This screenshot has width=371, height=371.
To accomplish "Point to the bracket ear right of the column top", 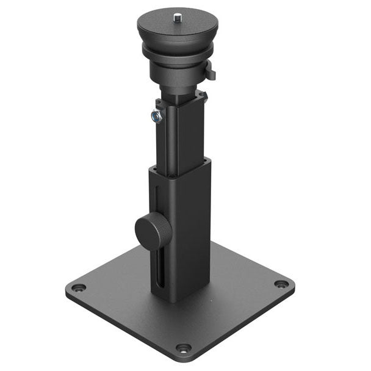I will point(201,95).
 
